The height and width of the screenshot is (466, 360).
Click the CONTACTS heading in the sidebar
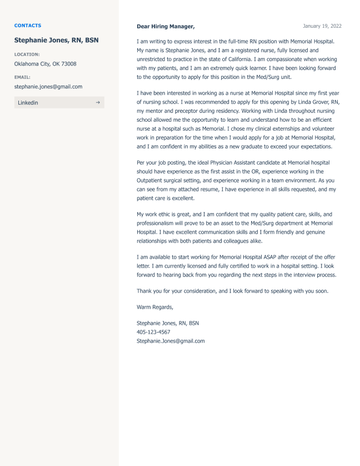point(27,26)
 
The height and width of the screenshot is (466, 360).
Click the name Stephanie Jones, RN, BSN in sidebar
point(56,40)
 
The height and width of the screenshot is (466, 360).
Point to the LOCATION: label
point(27,54)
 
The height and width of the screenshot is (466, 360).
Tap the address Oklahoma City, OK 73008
point(45,64)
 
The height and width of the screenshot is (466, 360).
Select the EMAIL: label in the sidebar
point(22,77)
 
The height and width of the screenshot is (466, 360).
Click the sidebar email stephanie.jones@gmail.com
point(48,87)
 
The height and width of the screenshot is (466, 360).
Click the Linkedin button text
point(28,103)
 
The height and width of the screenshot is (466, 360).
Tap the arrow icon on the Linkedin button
point(98,102)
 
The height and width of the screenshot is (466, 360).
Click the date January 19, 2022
point(322,26)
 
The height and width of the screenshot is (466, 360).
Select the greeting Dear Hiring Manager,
point(166,26)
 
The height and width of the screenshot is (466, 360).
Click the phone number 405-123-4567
point(153,332)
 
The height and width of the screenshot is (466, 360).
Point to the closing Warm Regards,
point(155,307)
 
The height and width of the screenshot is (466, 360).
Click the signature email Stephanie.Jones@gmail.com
point(171,341)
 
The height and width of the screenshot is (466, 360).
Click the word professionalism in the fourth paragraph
point(161,224)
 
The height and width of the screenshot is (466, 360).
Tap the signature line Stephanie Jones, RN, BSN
point(168,323)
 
